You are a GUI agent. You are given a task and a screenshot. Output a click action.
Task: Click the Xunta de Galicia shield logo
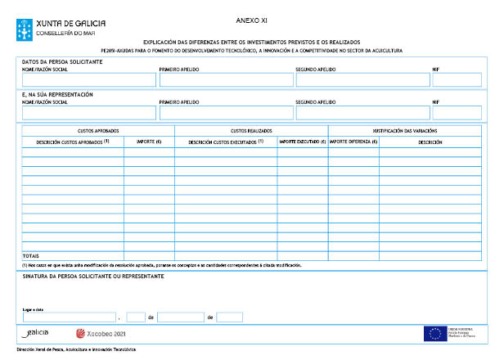pyautogui.click(x=26, y=27)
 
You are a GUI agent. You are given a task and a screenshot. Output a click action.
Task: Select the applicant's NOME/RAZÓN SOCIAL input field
pyautogui.click(x=88, y=80)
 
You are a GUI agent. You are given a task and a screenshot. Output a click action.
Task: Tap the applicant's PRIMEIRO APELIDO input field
pyautogui.click(x=225, y=80)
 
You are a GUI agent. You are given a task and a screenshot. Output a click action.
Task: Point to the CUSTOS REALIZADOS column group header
pyautogui.click(x=251, y=131)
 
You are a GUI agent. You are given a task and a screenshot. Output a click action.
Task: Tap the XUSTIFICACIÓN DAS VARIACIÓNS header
pyautogui.click(x=404, y=131)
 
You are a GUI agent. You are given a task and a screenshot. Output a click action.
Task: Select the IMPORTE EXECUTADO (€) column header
pyautogui.click(x=302, y=142)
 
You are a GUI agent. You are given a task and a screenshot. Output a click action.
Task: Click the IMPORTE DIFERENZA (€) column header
pyautogui.click(x=353, y=142)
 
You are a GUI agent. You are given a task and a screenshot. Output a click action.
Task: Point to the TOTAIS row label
pyautogui.click(x=30, y=256)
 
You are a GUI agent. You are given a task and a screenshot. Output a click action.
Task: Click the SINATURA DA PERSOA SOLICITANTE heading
pyautogui.click(x=93, y=277)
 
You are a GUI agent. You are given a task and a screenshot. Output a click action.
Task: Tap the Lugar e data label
pyautogui.click(x=33, y=309)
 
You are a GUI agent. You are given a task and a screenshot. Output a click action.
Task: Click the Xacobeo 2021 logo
pyautogui.click(x=101, y=334)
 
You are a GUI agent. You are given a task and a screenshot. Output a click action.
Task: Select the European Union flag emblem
pyautogui.click(x=434, y=333)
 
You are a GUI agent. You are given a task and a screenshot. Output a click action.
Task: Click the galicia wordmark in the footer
pyautogui.click(x=36, y=333)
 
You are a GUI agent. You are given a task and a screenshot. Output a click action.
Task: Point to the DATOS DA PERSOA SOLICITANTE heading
pyautogui.click(x=62, y=62)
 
